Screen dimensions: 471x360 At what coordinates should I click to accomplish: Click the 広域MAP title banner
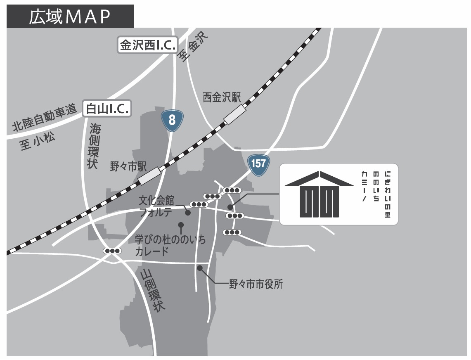70,16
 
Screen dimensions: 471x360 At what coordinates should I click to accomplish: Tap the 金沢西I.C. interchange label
147,45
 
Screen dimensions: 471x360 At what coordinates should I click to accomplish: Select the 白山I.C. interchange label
107,109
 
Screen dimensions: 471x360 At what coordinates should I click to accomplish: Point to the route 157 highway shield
258,163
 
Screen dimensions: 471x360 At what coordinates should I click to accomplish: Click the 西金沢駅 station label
221,97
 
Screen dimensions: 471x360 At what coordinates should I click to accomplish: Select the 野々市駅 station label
128,166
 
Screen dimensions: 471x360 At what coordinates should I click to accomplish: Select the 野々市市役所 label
256,284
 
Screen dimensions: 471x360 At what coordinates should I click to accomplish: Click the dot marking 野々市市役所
200,268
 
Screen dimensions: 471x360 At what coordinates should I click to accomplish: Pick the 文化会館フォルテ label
156,207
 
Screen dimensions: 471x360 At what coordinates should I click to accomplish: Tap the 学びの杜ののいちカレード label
170,245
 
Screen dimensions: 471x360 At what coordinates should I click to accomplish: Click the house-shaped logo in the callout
320,194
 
